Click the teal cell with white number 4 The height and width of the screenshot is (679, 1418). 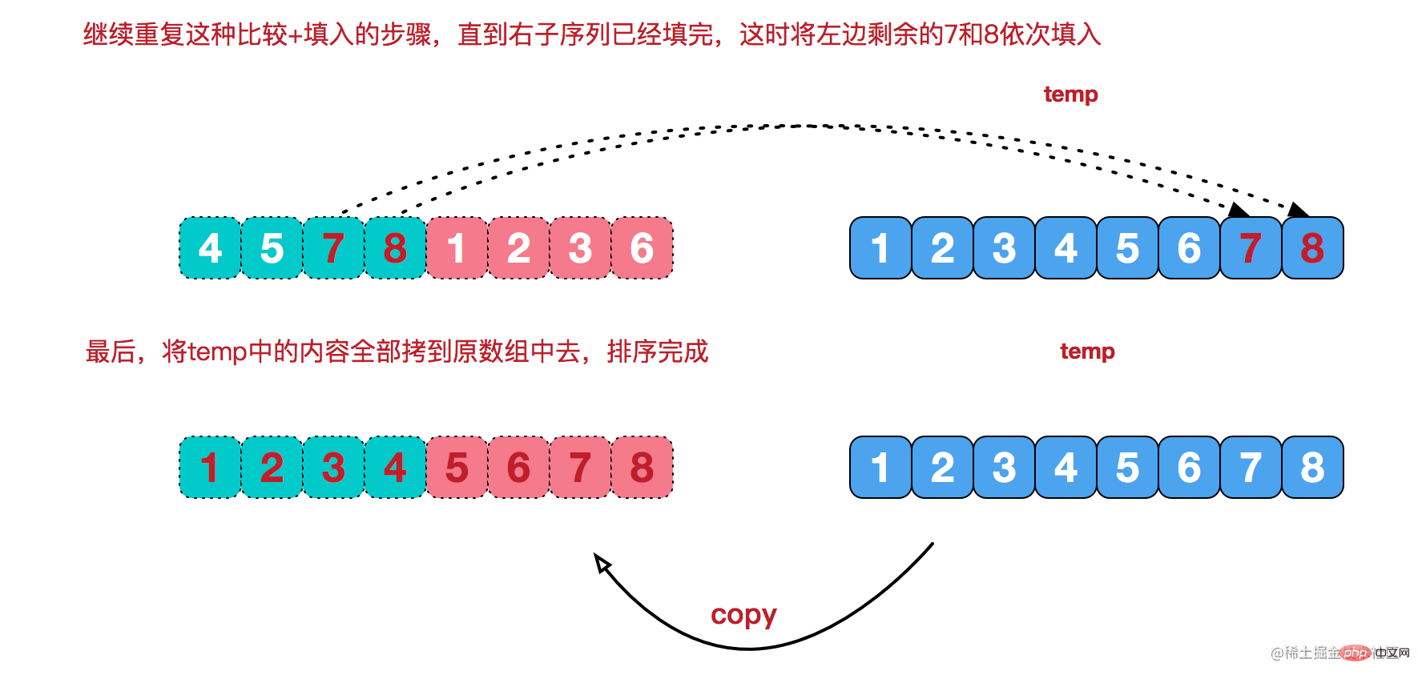(210, 248)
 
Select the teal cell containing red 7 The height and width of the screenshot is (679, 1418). (333, 248)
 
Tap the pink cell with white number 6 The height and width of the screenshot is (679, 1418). (642, 248)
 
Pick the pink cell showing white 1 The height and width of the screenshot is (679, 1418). (457, 248)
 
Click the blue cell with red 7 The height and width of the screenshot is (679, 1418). (1251, 248)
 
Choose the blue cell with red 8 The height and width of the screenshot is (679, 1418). (1312, 248)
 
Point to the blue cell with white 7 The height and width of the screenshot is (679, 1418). (1251, 468)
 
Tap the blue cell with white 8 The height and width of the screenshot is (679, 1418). (1312, 468)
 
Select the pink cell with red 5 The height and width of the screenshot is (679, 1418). (457, 468)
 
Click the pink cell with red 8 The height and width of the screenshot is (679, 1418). (642, 468)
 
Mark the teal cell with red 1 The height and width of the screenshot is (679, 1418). (210, 468)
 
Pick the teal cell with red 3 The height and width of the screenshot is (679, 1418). (333, 468)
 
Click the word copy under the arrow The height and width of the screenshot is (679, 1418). (743, 615)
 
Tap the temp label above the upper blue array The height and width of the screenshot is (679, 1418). (1070, 94)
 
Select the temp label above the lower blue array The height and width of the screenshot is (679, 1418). (1087, 352)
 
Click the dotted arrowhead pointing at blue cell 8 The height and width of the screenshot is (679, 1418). (1298, 211)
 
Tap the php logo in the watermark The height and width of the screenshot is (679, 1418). (1356, 653)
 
